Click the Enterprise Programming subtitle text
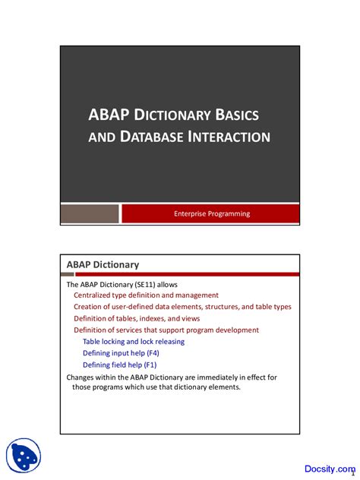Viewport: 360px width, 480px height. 212,214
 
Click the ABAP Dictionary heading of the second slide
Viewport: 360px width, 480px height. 103,264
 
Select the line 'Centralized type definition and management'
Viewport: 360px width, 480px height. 146,295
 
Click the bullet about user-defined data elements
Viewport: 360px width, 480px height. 182,307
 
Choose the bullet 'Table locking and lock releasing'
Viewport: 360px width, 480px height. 134,342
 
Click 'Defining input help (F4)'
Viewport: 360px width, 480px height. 121,353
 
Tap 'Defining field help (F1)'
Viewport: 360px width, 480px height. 120,365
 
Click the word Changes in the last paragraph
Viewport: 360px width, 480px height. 82,376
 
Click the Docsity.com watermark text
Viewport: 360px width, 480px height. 325,469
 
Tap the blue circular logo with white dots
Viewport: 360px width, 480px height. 24,456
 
